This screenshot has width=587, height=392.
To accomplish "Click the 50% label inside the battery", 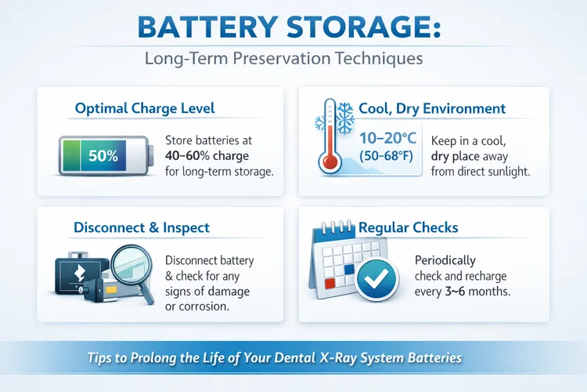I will coord(103,155).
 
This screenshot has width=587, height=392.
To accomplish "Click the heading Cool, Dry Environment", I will coord(432,108).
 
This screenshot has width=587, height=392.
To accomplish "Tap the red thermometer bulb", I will coord(330,163).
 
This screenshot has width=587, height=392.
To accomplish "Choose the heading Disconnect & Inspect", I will coord(142,227).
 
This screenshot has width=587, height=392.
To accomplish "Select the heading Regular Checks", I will coord(408,228).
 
